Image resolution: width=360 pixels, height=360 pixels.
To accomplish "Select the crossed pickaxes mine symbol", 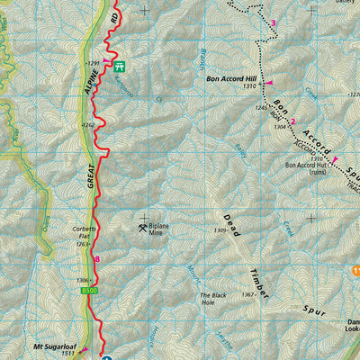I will (x=142, y=228).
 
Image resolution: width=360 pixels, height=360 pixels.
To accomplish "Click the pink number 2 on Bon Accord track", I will (x=292, y=134).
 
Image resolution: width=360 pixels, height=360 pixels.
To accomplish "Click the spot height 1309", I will (x=219, y=231).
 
